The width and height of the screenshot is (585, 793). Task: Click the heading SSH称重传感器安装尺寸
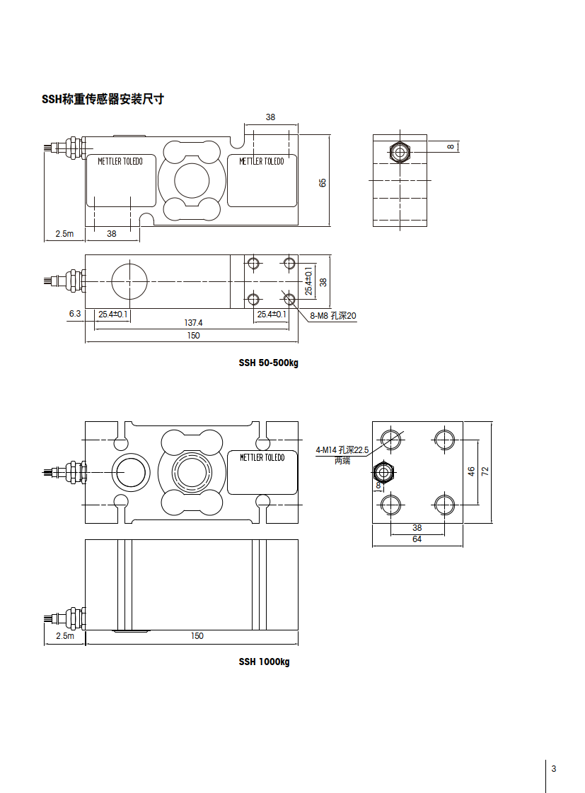click(103, 100)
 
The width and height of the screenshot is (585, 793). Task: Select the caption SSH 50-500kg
click(269, 363)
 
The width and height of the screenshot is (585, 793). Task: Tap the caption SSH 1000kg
click(264, 662)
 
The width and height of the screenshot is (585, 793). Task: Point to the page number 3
click(554, 769)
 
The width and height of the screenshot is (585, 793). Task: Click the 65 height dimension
click(323, 182)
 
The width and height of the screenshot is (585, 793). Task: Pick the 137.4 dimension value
click(193, 322)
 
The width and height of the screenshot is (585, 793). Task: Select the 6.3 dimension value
click(75, 313)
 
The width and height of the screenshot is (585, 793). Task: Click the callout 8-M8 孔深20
click(332, 317)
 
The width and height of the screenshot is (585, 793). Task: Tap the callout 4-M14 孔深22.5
click(342, 450)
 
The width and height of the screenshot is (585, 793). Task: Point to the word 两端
click(342, 460)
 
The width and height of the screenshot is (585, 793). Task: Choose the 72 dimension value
click(485, 471)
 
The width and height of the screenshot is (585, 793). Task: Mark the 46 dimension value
click(471, 471)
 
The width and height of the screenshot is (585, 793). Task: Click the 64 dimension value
click(417, 539)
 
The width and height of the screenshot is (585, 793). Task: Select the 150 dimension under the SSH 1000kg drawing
click(197, 636)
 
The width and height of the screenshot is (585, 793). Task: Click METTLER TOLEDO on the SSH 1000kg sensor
click(262, 458)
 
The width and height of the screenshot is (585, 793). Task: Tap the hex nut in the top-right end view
click(400, 151)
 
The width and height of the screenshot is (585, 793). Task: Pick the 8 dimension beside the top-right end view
click(451, 146)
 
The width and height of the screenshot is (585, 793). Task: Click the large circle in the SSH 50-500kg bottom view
click(130, 281)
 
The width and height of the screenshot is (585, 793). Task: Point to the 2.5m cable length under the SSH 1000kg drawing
click(64, 636)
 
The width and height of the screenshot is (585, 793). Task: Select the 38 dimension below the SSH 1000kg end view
click(417, 527)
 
